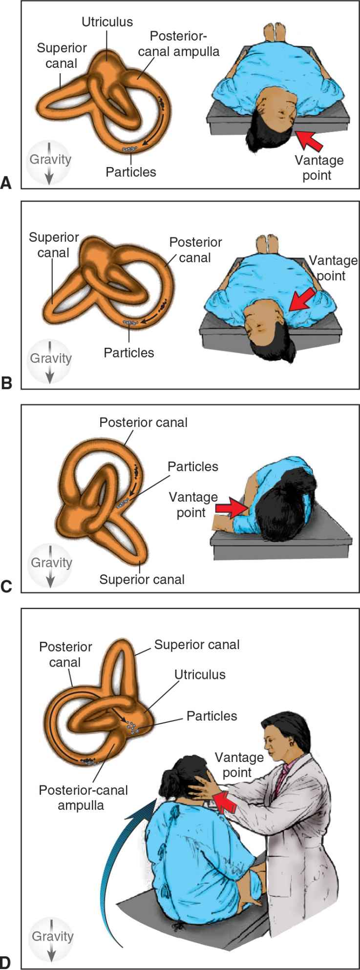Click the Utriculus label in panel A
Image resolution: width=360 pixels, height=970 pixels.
107,22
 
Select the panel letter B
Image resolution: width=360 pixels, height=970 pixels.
7,383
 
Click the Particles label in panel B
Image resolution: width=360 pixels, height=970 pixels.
129,352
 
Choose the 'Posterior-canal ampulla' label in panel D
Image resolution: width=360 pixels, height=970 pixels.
83,797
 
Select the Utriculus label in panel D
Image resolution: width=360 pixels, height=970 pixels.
200,675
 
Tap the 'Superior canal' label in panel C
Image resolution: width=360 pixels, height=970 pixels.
142,579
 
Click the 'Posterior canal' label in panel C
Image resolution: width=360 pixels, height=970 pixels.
143,422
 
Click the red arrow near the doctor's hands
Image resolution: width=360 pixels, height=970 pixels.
226,801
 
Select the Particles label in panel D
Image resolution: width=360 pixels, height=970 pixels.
212,716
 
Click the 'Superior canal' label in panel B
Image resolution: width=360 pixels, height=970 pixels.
54,245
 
